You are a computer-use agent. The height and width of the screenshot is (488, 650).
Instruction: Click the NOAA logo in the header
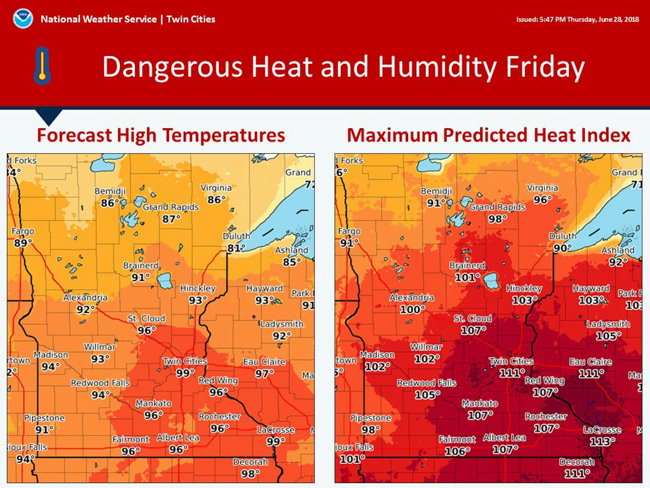pos(23,19)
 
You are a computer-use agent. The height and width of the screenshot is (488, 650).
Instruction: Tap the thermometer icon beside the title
pos(42,66)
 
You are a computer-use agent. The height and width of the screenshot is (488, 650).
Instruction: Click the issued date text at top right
pos(577,20)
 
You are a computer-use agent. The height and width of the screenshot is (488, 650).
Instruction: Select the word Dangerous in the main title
pos(172,67)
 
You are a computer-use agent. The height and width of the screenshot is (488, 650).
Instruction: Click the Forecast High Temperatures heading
pos(161,135)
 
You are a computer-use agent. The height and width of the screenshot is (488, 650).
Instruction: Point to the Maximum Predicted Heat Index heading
pos(488,135)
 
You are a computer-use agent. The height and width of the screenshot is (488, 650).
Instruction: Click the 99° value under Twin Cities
pos(185,373)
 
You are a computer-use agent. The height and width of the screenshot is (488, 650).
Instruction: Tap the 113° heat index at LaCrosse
pos(602,442)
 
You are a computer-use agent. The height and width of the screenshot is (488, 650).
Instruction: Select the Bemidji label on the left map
pos(110,191)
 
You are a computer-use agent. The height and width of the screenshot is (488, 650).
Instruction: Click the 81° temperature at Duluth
pos(235,248)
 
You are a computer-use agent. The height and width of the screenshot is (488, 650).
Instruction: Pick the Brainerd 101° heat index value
pos(467,277)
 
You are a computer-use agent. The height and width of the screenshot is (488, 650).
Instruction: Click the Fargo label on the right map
pos(349,231)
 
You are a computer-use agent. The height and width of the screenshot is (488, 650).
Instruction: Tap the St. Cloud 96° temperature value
pos(146,330)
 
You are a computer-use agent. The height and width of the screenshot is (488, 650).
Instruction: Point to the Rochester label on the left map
pos(219,417)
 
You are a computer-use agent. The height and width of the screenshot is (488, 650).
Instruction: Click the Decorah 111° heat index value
pos(577,474)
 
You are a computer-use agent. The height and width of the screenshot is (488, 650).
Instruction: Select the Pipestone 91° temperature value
pos(44,430)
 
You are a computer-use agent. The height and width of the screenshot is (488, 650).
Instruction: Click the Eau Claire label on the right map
pos(590,362)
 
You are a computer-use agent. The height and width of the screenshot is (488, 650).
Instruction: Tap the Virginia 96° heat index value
pos(543,200)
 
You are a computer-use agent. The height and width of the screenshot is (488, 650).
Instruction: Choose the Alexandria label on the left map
pos(85,298)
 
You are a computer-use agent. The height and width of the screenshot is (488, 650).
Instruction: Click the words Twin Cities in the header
pos(191,19)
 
